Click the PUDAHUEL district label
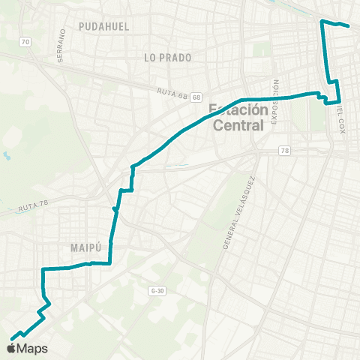click(103, 26)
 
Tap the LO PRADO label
click(168, 57)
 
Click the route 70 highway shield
click(25, 43)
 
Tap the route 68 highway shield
click(196, 97)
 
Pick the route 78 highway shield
click(283, 151)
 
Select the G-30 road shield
click(157, 289)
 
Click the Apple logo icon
click(12, 347)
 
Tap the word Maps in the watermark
click(33, 348)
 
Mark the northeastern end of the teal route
click(349, 26)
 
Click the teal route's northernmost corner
click(322, 22)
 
